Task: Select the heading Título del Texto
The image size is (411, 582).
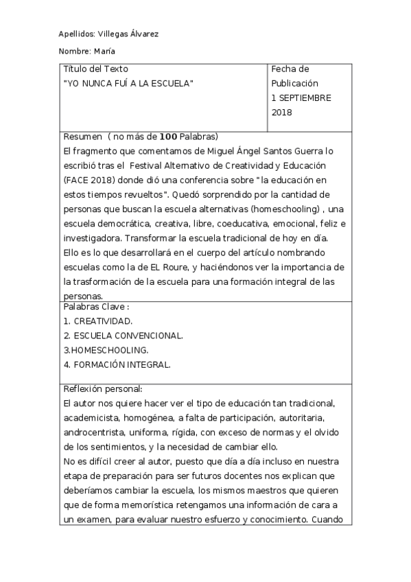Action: click(x=95, y=69)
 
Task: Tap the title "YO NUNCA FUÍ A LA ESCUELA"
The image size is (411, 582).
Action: click(x=128, y=83)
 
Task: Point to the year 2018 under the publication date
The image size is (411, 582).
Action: click(x=282, y=113)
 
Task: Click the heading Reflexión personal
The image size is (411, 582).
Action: click(x=102, y=388)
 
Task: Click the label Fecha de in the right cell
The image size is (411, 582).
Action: click(x=290, y=69)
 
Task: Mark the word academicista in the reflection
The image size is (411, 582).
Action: click(x=91, y=418)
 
